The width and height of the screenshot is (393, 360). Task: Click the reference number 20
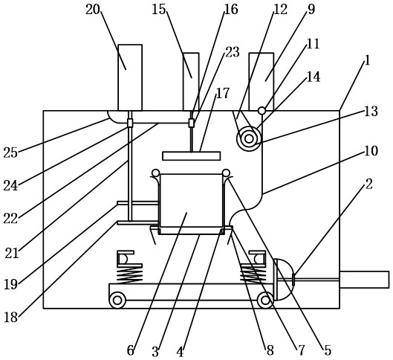(93, 10)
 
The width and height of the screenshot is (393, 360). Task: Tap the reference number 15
(159, 10)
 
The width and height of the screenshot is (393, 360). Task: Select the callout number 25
(10, 152)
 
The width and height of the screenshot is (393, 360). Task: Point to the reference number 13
(371, 111)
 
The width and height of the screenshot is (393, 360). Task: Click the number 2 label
(368, 184)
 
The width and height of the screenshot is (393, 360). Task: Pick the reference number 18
(11, 318)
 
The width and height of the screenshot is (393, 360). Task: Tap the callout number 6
(130, 350)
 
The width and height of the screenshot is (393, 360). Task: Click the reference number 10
(371, 151)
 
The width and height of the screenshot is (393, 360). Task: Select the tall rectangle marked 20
(130, 77)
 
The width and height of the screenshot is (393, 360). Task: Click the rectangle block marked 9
(262, 82)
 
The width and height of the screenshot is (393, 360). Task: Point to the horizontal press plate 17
(192, 155)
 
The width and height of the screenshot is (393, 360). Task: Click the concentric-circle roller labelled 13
(249, 139)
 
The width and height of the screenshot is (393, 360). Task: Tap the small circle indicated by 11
(262, 110)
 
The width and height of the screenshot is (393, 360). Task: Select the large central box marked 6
(191, 204)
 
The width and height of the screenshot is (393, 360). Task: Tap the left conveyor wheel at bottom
(117, 300)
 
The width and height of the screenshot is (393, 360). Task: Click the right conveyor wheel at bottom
(265, 300)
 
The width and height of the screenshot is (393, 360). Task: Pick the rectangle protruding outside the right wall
(365, 280)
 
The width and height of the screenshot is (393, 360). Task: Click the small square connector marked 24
(130, 123)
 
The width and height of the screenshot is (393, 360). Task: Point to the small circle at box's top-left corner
(155, 173)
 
